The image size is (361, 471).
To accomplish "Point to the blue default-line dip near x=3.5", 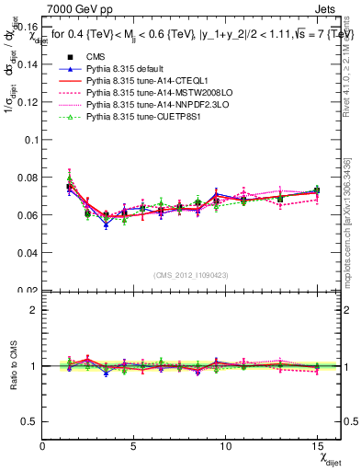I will tap(106, 224).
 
